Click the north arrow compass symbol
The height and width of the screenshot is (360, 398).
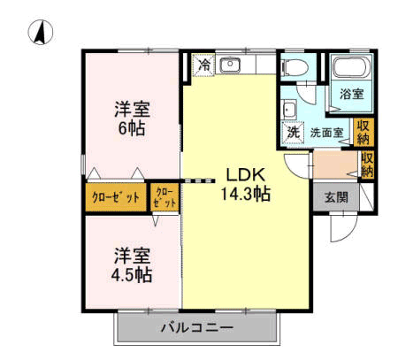41,32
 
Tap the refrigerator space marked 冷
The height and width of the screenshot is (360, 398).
203,65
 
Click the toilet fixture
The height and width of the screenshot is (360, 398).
295,67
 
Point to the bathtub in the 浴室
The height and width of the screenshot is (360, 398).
352,67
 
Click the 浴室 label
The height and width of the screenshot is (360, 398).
351,94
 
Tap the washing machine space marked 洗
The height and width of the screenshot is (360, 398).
293,132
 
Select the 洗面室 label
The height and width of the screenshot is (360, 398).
326,133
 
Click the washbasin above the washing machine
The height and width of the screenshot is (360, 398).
289,109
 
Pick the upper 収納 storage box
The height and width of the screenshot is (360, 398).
364,133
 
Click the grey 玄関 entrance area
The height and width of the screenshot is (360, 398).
336,197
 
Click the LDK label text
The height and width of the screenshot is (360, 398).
246,175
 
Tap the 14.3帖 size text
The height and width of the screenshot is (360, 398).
246,195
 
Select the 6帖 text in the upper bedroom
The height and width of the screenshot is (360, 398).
132,128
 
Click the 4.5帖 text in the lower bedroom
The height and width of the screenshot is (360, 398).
132,275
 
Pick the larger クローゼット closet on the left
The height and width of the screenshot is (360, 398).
116,197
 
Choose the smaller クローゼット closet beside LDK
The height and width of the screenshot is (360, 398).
165,197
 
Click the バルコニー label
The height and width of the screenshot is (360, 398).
197,327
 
